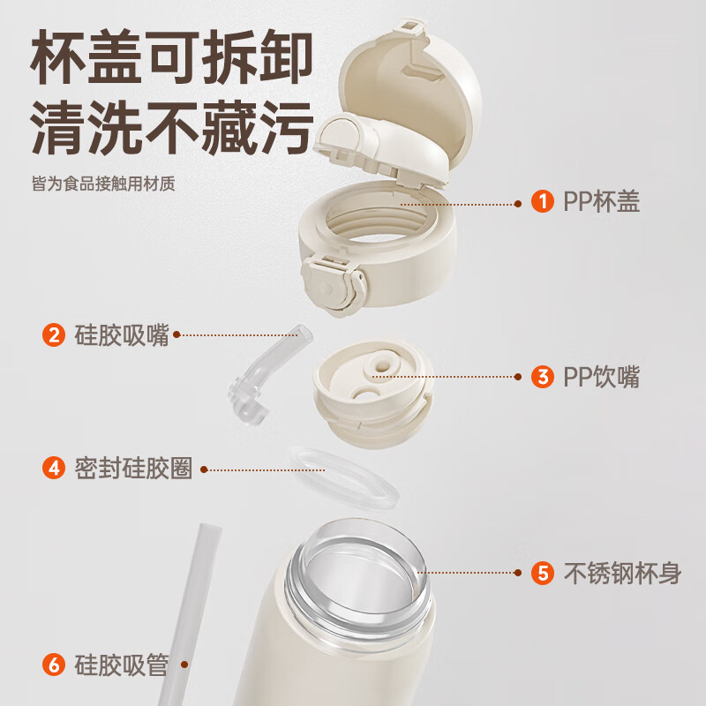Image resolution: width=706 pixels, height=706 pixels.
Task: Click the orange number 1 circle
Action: click(542, 201)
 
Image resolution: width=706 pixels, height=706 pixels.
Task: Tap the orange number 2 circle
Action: click(54, 335)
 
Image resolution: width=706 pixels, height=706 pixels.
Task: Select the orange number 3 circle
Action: click(542, 377)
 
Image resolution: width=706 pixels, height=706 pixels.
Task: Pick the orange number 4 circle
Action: click(54, 468)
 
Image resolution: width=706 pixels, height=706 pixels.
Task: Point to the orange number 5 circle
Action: click(542, 573)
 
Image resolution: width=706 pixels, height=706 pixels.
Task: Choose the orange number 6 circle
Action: click(54, 665)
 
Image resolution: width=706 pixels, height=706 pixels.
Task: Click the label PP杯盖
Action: click(602, 201)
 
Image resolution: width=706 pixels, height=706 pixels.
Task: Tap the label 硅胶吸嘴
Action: click(122, 335)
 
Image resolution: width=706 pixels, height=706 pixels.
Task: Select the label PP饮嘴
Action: click(602, 377)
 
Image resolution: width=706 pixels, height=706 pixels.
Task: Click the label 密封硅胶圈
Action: click(133, 468)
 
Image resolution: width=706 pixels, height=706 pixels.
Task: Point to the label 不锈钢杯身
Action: click(622, 573)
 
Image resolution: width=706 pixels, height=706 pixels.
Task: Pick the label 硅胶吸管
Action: click(122, 665)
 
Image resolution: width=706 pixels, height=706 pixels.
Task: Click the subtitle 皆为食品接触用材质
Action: click(103, 184)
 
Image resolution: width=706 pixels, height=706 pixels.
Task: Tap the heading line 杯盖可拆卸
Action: click(171, 56)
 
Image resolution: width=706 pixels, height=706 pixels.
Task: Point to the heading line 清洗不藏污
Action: click(171, 127)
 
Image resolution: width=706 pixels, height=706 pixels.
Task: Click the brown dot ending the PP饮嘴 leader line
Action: click(518, 377)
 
